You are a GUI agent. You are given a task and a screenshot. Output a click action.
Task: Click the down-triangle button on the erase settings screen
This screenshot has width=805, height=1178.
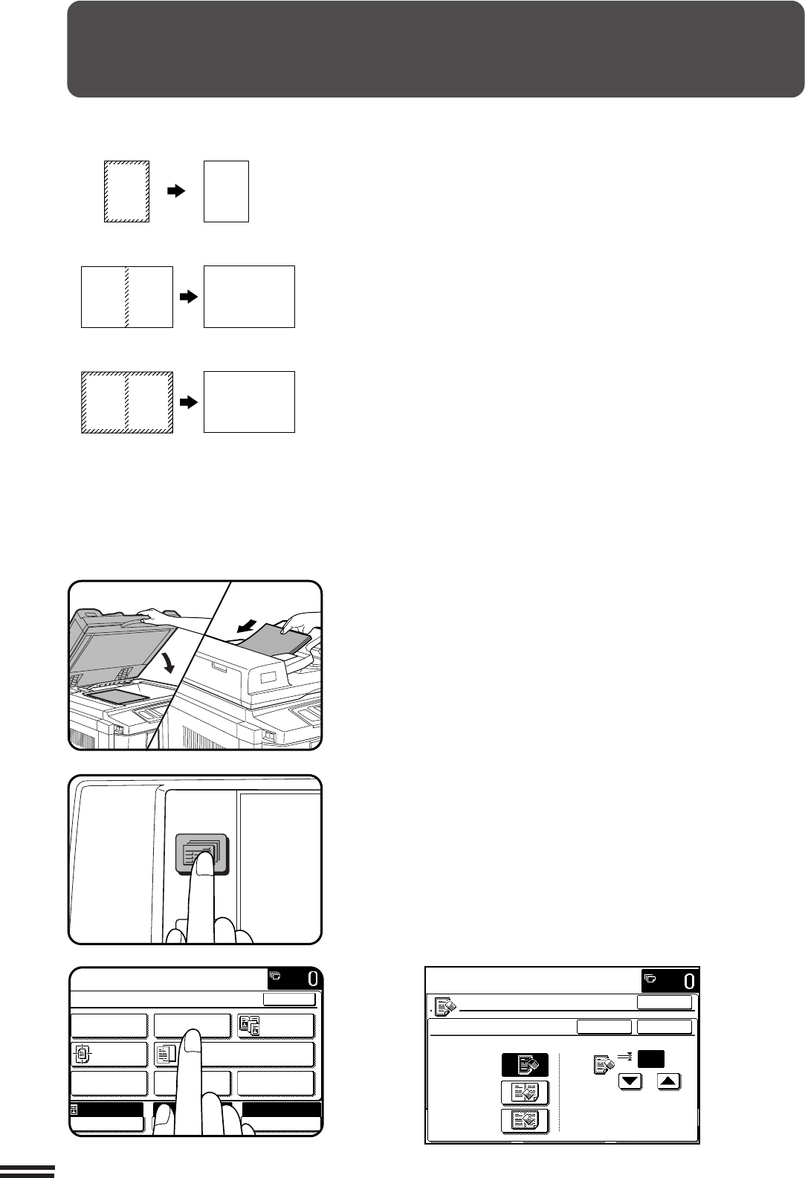coord(630,1082)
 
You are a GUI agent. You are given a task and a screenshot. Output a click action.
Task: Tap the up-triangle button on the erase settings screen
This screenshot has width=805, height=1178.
coord(668,1082)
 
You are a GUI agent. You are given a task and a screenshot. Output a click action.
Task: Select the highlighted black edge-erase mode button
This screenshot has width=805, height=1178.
coord(525,1065)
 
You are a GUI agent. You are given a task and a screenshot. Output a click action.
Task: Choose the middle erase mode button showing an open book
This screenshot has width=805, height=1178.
coord(525,1093)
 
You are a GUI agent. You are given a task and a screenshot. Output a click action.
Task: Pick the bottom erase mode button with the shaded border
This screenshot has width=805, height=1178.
coord(525,1121)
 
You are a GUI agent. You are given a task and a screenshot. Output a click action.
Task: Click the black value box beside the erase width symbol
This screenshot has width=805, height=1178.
coord(651,1058)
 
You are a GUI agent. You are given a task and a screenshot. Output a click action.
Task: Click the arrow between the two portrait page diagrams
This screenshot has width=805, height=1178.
coord(177,191)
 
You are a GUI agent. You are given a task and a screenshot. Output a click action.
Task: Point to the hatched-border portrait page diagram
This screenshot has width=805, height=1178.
coord(126,191)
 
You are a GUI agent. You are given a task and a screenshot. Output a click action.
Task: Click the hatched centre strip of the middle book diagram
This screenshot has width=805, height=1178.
coord(126,297)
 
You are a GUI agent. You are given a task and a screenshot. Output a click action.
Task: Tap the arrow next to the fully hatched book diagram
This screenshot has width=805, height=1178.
coord(189,402)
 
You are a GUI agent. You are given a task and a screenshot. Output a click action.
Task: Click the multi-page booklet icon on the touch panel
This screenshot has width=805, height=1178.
coord(250,1026)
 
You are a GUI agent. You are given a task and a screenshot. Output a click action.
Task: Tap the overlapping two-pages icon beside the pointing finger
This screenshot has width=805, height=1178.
coord(167,1055)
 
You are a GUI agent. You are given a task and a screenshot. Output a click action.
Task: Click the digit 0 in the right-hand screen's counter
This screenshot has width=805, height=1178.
coord(689,982)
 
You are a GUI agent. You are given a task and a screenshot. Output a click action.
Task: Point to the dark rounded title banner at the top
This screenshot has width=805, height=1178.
coord(436,49)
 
